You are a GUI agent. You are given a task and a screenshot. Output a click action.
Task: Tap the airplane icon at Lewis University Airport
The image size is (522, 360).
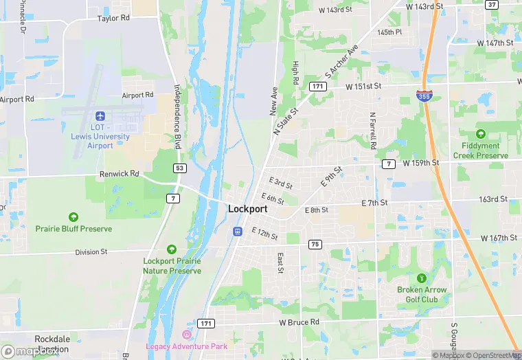pyautogui.click(x=100, y=115)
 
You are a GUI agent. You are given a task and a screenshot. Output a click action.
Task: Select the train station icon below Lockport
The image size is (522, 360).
pyautogui.click(x=238, y=232)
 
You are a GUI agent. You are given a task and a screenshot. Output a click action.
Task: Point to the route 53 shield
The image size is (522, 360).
pyautogui.click(x=180, y=168)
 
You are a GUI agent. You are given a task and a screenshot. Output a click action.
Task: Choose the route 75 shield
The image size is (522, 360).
pyautogui.click(x=315, y=245)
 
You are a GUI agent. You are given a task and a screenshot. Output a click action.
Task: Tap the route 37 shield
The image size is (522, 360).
pyautogui.click(x=491, y=4)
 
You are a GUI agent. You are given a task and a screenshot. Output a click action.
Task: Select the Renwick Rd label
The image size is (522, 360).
pyautogui.click(x=119, y=175)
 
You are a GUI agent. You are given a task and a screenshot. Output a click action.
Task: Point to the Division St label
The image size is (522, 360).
pyautogui.click(x=91, y=252)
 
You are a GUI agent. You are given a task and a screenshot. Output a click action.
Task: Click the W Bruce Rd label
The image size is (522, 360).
pyautogui.click(x=299, y=322)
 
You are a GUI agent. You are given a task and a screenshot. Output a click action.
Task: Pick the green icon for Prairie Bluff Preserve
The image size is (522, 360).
pyautogui.click(x=74, y=216)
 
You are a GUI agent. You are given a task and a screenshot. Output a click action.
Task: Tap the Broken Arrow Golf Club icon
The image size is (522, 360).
pyautogui.click(x=422, y=278)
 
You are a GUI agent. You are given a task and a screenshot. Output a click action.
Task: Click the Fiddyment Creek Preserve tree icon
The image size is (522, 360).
pyautogui.click(x=481, y=134)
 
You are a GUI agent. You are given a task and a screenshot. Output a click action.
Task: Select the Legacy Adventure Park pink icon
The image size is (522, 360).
pyautogui.click(x=185, y=335)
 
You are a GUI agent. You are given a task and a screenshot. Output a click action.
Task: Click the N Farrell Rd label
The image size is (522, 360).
pyautogui.click(x=372, y=131)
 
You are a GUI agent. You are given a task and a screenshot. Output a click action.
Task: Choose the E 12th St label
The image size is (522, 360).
pyautogui.click(x=264, y=234)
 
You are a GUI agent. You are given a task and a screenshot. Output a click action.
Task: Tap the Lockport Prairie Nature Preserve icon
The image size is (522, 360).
pyautogui.click(x=171, y=249)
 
